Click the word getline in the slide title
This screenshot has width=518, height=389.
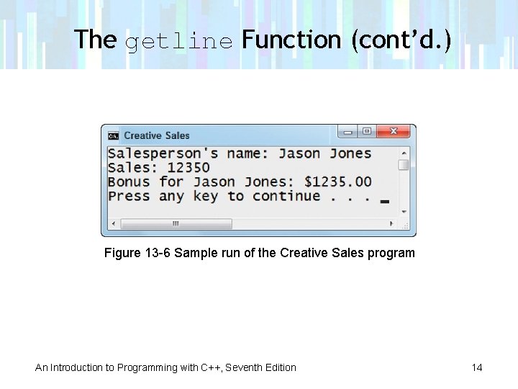coord(179,41)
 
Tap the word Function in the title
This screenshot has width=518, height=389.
coord(292,40)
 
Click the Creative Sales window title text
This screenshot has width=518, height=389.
coord(157,135)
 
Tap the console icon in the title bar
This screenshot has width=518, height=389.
coord(114,135)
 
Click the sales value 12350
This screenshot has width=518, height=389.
coord(188,168)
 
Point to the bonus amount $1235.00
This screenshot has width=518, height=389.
coord(337,182)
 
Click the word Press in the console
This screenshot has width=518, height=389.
coord(129,196)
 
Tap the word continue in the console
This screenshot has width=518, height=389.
coord(286,196)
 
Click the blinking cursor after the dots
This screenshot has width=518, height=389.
coord(384,201)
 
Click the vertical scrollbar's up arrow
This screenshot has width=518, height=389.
coord(404,153)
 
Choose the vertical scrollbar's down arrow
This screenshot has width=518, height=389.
coord(404,212)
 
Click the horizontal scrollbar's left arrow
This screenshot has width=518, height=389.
coord(113,224)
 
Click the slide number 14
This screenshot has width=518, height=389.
coord(477,367)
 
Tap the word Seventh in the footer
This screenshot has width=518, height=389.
coord(245,367)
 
